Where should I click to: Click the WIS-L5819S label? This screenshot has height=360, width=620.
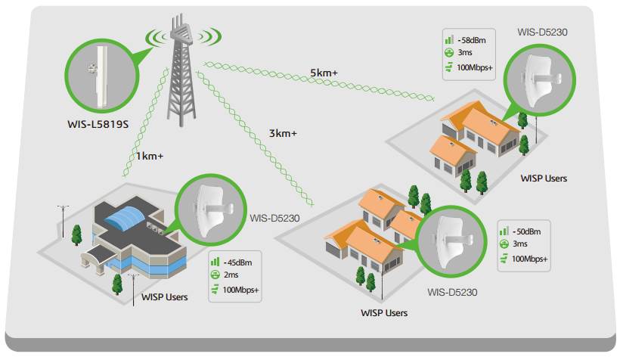tap(98, 124)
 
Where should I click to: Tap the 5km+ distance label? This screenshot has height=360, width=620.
tap(324, 73)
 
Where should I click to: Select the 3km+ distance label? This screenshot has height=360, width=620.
tap(283, 133)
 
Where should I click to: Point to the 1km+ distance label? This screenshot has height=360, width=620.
tap(150, 157)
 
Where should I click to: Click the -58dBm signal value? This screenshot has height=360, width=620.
tap(472, 40)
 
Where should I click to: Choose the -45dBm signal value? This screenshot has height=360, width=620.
tap(237, 262)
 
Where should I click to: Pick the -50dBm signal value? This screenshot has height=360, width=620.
tap(527, 232)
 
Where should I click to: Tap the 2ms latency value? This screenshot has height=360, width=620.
tap(231, 275)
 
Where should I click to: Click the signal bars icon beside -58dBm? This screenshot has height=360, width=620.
tap(449, 39)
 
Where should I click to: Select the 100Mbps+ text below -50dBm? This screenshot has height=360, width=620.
tap(529, 259)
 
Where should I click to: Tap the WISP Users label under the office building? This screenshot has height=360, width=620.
tap(165, 297)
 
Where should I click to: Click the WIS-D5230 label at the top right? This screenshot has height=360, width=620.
tap(542, 32)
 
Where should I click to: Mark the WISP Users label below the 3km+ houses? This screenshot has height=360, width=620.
tap(384, 313)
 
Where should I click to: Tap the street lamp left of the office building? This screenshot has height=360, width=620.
tap(63, 221)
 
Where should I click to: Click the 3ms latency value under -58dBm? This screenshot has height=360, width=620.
tap(465, 53)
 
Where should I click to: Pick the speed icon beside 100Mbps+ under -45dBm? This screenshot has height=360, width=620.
tap(215, 290)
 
